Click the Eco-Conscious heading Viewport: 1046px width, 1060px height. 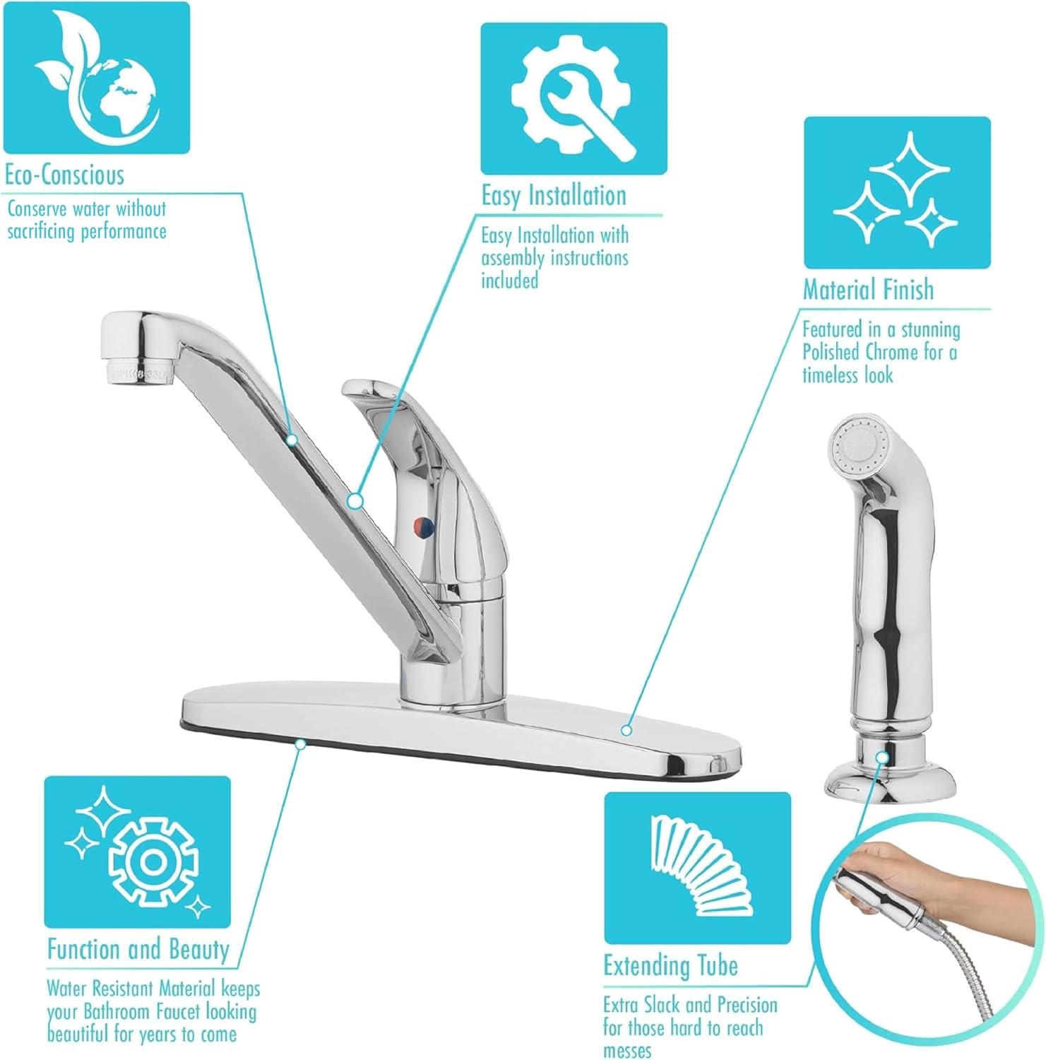(64, 175)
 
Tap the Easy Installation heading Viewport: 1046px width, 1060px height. (554, 196)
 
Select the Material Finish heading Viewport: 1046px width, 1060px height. (868, 290)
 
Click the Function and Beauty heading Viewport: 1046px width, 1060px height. (138, 949)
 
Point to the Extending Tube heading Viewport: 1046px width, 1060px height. (670, 965)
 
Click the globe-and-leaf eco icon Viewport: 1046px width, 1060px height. (96, 77)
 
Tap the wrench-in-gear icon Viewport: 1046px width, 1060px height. (573, 99)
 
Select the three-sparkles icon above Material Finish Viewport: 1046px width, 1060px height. (897, 193)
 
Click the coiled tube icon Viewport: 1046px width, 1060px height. (697, 868)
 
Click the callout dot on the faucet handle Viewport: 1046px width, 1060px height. (355, 500)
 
